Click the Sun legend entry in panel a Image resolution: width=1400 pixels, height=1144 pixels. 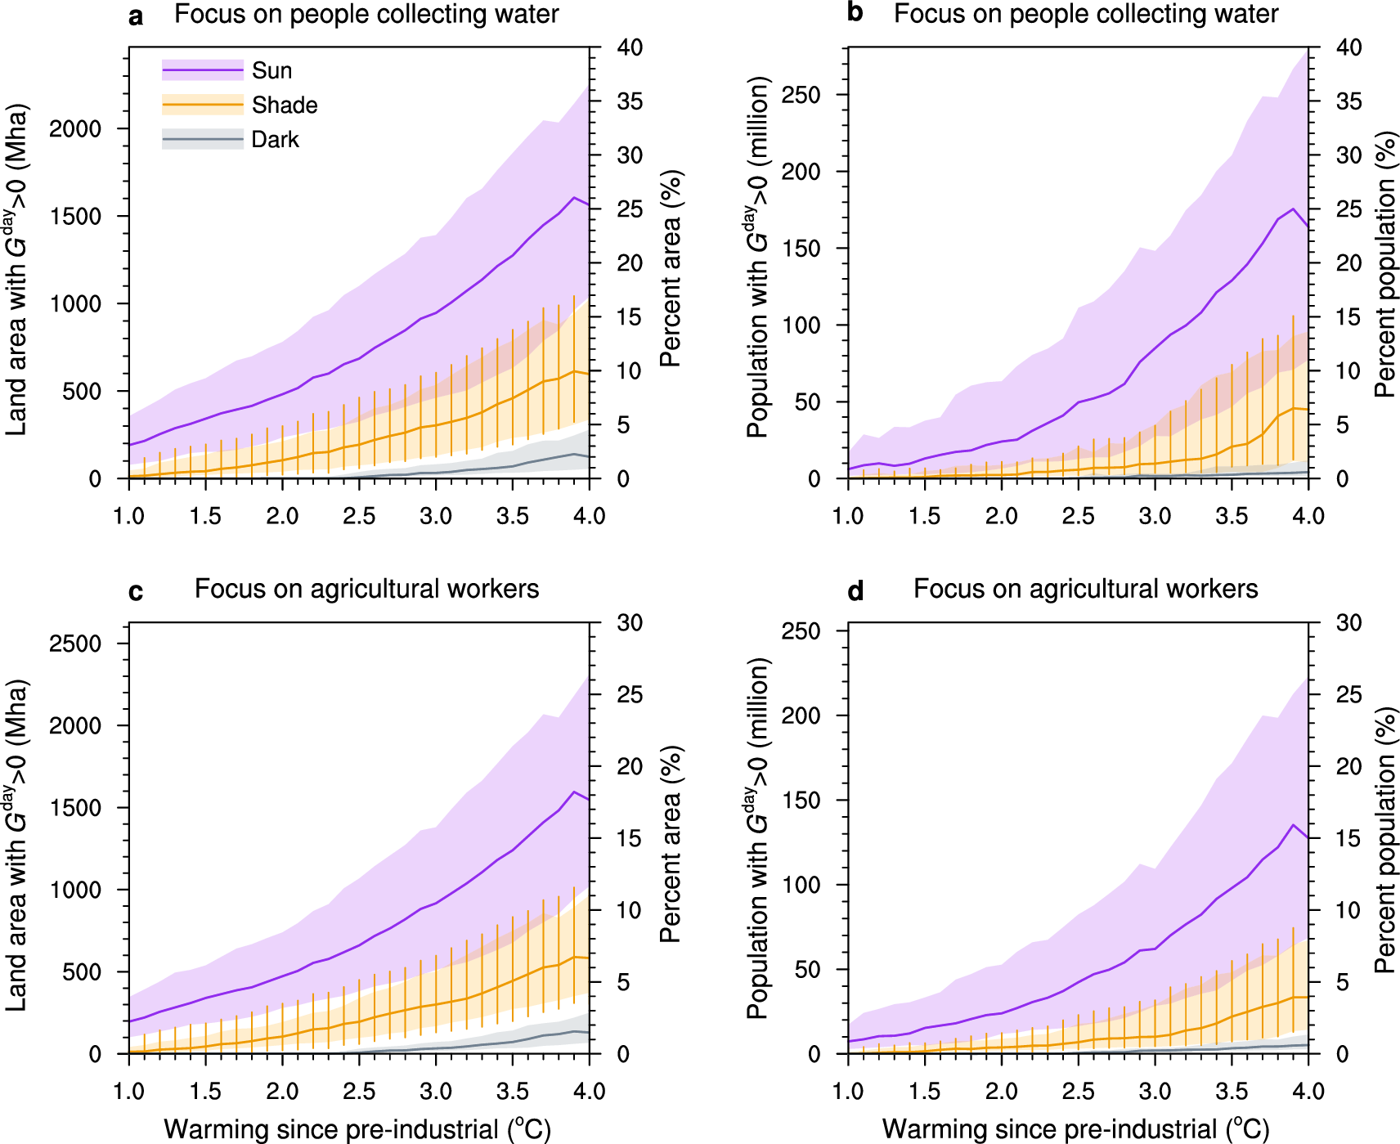tap(271, 71)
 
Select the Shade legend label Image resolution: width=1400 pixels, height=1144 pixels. tap(284, 105)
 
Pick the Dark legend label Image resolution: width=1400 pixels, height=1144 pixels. tap(275, 140)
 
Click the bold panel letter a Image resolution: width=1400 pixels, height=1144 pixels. tap(136, 16)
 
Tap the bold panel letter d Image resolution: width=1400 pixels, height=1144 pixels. tap(855, 590)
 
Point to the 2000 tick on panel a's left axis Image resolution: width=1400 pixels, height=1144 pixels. tap(75, 129)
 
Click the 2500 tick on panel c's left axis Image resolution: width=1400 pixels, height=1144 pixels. tap(75, 644)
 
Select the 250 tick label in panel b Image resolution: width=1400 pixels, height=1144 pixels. tap(801, 95)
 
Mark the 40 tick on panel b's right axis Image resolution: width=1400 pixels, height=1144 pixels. tap(1348, 47)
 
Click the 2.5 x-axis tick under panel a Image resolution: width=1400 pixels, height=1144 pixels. tap(359, 516)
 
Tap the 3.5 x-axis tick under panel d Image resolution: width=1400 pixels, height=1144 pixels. tap(1232, 1091)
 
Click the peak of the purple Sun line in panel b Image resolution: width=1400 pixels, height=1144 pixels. tap(1293, 209)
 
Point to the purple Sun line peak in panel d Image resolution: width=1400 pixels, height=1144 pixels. tap(1293, 825)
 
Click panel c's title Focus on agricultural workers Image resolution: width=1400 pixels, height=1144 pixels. tap(366, 589)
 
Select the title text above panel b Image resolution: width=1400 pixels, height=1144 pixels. tap(1085, 14)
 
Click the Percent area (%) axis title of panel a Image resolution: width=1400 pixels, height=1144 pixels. tap(671, 268)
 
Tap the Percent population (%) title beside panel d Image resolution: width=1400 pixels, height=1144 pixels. tap(1384, 840)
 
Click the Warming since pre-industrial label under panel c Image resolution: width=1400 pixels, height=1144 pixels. tap(357, 1129)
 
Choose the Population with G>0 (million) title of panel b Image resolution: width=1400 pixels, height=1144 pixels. tap(757, 258)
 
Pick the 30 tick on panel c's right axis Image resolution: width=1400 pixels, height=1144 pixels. tap(630, 623)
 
